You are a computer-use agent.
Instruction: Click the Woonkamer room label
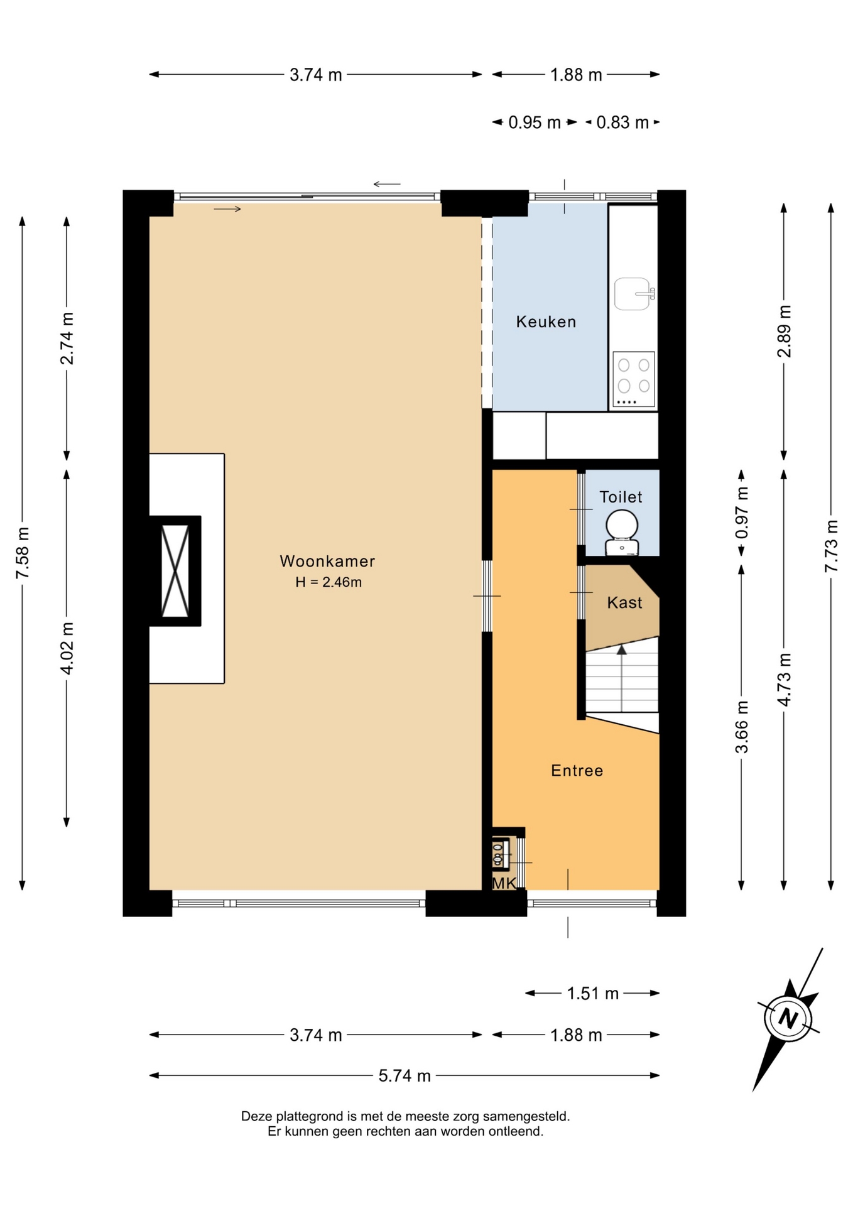327,561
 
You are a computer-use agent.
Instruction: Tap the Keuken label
546,322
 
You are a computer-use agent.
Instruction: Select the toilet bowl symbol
622,533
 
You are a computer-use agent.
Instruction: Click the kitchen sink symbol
633,294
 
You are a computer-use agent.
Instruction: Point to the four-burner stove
634,379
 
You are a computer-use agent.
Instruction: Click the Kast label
624,603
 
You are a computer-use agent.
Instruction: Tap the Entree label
577,771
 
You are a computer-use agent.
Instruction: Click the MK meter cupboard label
504,883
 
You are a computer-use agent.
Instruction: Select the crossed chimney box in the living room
175,571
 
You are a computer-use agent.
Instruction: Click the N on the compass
788,1018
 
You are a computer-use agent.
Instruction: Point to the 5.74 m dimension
405,1076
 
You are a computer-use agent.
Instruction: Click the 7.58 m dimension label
23,553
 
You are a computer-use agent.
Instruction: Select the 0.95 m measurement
535,122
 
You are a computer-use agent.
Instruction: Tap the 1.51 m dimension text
592,993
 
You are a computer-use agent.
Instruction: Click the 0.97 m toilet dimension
742,513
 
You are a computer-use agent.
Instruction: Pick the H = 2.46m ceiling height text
329,582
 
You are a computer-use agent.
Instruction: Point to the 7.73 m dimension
831,546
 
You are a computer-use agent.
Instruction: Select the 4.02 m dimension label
67,648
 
